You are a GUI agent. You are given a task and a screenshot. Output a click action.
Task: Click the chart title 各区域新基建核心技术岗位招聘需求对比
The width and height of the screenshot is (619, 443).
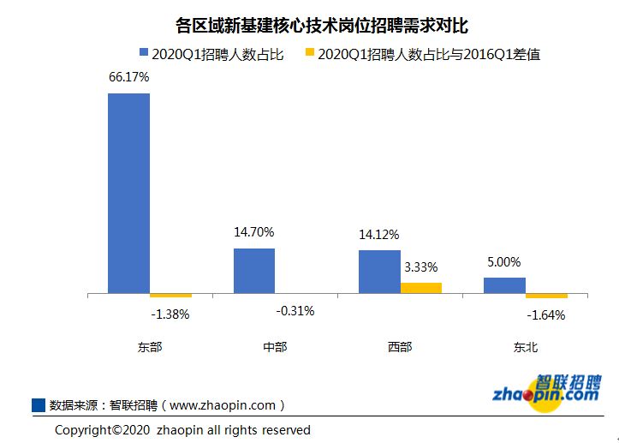coord(309,25)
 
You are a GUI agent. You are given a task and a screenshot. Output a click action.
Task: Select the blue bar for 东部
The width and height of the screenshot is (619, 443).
coord(128,194)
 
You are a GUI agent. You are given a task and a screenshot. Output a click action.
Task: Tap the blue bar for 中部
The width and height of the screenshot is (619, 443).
coord(254,272)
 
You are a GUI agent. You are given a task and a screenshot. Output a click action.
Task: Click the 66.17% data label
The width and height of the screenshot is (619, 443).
coord(128,77)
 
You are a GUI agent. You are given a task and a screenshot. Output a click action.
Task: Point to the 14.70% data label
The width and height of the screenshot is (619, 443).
coord(254,231)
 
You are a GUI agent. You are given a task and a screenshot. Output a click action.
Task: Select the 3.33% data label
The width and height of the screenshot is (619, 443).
coord(421,266)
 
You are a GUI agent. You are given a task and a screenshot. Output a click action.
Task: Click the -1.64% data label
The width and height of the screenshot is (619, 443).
coord(546,314)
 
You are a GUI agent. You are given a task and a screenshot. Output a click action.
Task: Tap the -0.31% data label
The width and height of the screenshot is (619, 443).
coord(295,310)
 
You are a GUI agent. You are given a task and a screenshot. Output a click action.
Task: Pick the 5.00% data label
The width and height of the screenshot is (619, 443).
coord(503,261)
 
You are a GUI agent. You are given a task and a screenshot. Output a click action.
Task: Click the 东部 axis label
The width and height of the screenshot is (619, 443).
coord(149,347)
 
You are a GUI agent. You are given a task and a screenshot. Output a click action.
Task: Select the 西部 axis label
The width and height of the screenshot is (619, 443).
coord(400,347)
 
